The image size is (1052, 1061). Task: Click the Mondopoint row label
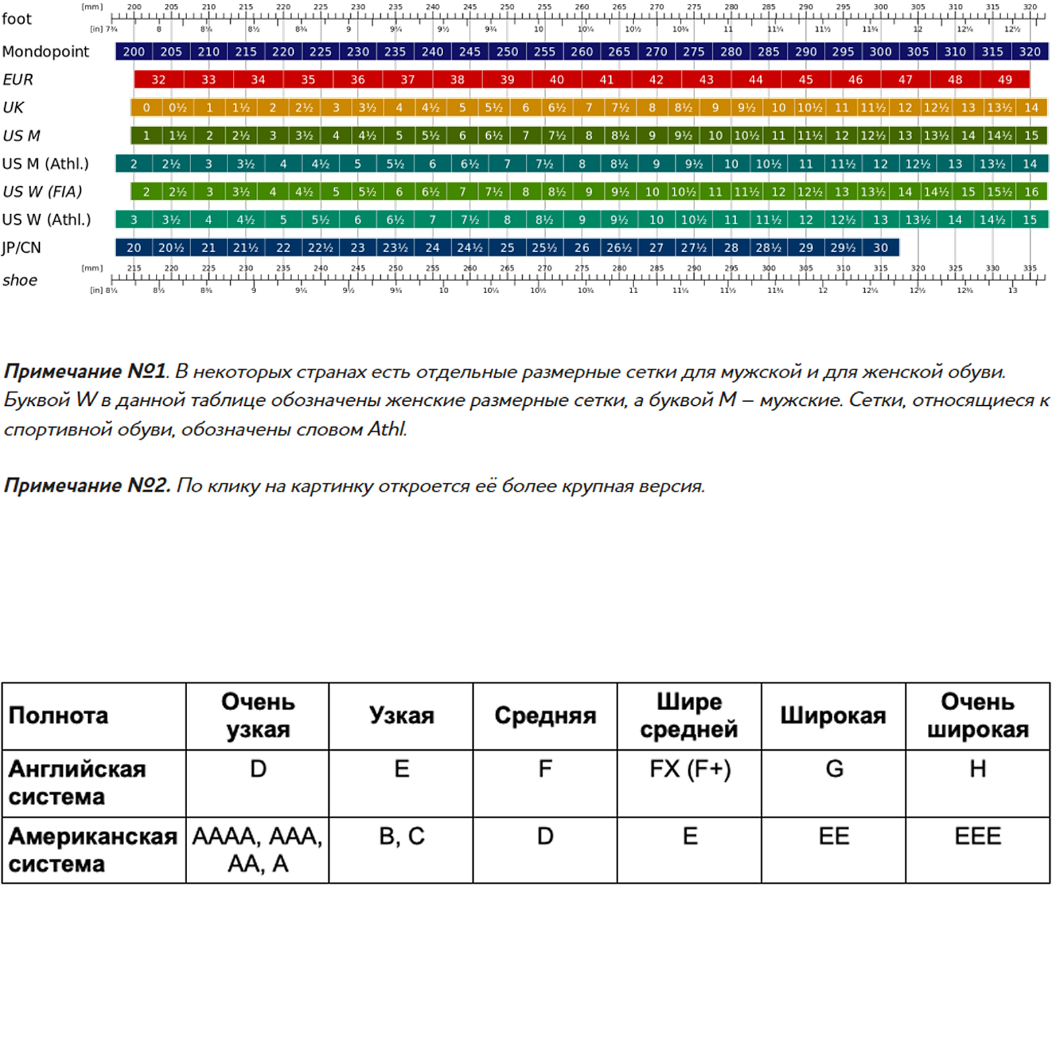[x=45, y=52]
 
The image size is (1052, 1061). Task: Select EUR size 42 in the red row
[x=656, y=80]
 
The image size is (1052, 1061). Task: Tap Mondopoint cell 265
[x=619, y=52]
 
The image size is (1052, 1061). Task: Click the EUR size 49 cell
[x=1005, y=80]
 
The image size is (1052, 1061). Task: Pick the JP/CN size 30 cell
[x=880, y=247]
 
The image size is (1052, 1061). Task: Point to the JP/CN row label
[x=21, y=247]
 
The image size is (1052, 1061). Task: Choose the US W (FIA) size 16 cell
[x=1031, y=192]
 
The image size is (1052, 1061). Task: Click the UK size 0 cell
[x=146, y=107]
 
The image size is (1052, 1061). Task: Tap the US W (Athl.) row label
[x=46, y=219]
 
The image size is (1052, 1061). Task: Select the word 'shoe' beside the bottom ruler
[x=20, y=280]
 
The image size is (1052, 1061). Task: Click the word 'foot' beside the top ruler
[x=17, y=19]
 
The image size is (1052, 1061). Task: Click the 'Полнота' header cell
[x=58, y=716]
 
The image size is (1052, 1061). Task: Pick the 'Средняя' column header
[x=545, y=716]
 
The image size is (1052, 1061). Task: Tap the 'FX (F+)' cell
[x=690, y=769]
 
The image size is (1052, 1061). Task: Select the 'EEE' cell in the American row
[x=978, y=836]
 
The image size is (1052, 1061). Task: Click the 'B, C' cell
[x=401, y=836]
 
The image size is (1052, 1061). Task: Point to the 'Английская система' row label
[x=77, y=782]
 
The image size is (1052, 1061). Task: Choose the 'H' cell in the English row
[x=978, y=769]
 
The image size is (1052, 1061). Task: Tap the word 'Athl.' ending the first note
[x=387, y=429]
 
